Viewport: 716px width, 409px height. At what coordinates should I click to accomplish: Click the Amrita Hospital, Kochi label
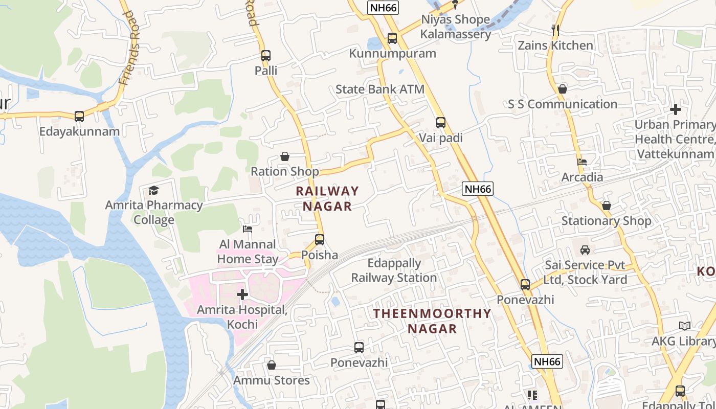[242, 317]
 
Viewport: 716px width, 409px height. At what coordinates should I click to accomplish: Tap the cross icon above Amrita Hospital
[242, 294]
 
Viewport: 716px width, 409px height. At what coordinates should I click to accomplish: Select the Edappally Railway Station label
[394, 270]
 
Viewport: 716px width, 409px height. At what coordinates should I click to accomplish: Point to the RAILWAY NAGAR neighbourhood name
[327, 198]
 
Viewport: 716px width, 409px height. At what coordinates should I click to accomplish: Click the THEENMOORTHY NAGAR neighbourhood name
[432, 321]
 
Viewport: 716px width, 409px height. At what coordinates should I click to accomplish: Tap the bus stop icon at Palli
[266, 56]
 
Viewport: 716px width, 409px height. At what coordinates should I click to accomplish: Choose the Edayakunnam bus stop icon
[79, 117]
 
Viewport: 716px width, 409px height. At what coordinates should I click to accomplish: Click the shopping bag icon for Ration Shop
[285, 156]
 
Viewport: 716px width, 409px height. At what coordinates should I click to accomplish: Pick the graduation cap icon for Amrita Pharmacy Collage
[153, 191]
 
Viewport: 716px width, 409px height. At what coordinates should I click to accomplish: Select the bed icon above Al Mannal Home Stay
[248, 229]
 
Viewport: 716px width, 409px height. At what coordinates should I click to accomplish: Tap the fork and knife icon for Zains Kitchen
[555, 30]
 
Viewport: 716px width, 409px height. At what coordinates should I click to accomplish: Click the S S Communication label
[563, 104]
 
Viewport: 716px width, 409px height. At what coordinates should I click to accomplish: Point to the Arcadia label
[582, 177]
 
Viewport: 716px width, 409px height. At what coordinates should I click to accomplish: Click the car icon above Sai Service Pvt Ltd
[585, 250]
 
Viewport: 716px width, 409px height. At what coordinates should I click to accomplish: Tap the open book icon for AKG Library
[684, 326]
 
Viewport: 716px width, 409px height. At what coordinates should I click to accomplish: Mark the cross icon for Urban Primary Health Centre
[676, 109]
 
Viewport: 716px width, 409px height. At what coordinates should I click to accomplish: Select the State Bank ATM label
[379, 89]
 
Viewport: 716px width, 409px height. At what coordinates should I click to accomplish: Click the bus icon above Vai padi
[441, 123]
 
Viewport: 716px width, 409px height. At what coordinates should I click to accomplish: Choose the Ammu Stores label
[272, 380]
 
